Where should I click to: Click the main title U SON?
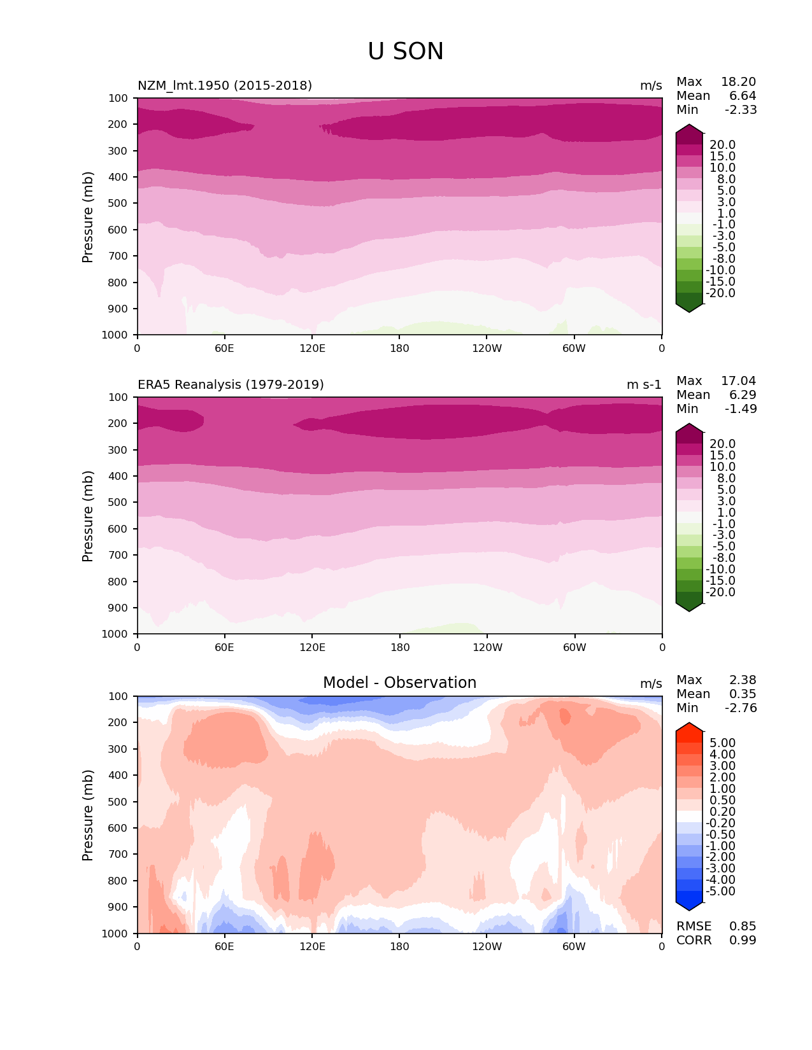click(x=405, y=52)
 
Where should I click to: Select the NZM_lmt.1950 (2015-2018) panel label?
click(x=224, y=85)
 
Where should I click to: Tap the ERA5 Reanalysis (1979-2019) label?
click(x=231, y=384)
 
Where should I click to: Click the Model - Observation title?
click(x=399, y=683)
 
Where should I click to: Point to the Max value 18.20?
click(x=738, y=81)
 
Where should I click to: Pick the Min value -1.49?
click(x=741, y=409)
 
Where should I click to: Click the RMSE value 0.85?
click(x=743, y=926)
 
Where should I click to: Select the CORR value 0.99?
click(x=743, y=940)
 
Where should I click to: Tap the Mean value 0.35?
click(x=743, y=694)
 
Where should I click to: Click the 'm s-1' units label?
click(x=644, y=384)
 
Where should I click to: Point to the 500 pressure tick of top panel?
click(x=118, y=203)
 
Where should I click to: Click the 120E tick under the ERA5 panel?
click(x=312, y=647)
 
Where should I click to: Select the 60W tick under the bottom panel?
click(x=574, y=946)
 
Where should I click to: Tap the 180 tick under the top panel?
click(x=399, y=348)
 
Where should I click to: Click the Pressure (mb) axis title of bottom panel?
click(x=88, y=815)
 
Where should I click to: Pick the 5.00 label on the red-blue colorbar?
click(x=722, y=743)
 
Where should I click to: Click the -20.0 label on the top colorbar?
click(x=720, y=293)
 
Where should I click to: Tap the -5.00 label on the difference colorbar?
click(x=720, y=891)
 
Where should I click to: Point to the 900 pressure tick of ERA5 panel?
click(x=118, y=608)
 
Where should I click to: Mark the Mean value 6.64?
click(x=743, y=95)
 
